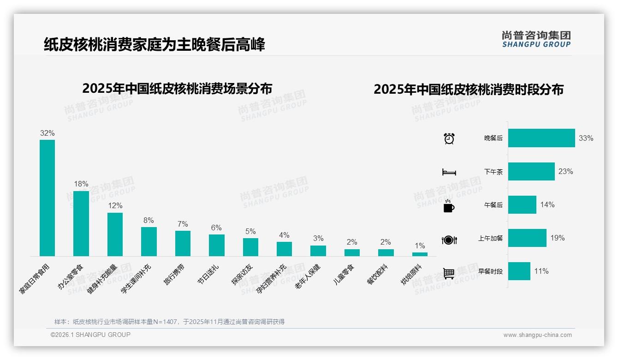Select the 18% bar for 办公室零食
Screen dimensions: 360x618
coord(81,223)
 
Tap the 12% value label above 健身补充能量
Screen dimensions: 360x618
coord(115,206)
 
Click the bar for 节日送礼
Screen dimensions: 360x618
coord(216,245)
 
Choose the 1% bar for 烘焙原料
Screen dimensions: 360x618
coord(420,254)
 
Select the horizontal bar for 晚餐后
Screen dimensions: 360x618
coord(541,138)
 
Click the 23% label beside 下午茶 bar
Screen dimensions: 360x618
coord(565,172)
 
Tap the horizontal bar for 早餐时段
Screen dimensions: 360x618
coord(519,271)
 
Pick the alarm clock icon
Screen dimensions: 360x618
coord(449,138)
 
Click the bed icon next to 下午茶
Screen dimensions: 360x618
coord(449,172)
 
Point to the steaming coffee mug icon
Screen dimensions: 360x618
coord(449,206)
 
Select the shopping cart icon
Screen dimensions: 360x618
coord(449,273)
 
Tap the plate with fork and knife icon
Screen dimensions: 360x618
coord(449,240)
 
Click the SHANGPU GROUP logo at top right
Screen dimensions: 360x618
coord(536,39)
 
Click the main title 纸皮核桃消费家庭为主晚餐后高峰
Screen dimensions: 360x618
coord(154,45)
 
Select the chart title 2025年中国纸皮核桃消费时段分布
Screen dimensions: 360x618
coord(469,90)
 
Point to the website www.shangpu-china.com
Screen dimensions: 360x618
coord(537,335)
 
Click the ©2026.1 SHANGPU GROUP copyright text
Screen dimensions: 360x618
coord(90,335)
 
